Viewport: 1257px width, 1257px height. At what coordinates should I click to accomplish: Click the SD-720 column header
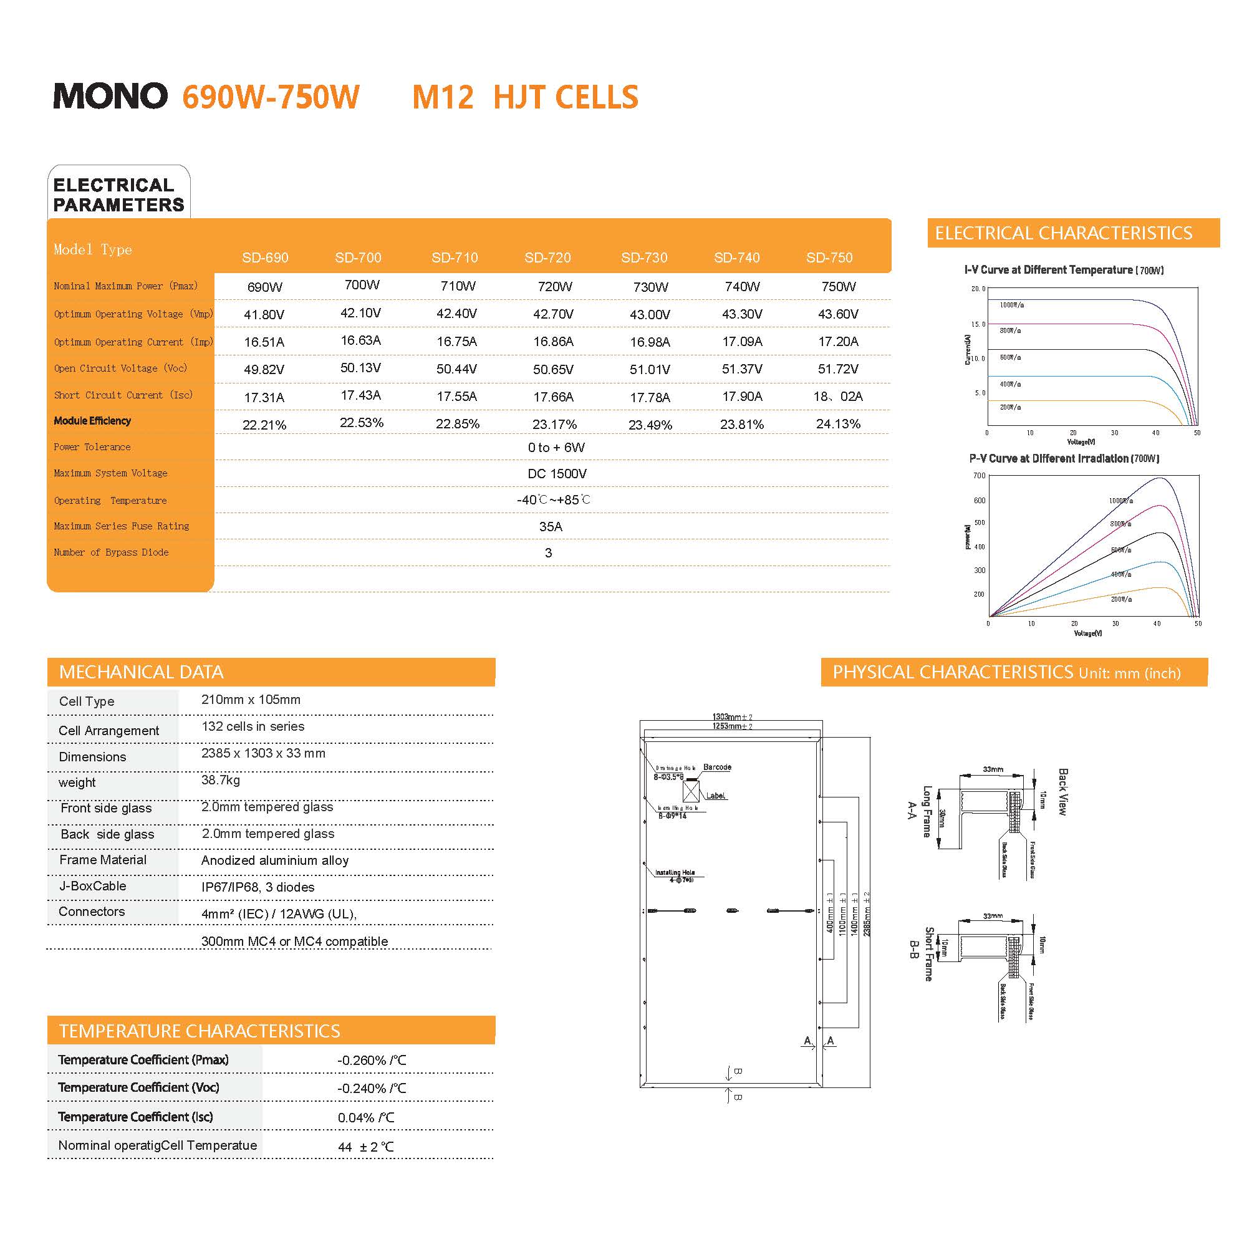[x=547, y=258]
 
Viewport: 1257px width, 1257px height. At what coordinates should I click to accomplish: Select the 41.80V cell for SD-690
[x=264, y=315]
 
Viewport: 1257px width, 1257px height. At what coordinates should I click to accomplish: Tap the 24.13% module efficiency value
[x=838, y=424]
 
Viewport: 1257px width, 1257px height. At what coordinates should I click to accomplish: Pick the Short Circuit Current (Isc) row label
[x=123, y=395]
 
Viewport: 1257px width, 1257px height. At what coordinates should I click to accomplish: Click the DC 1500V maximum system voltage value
[x=557, y=474]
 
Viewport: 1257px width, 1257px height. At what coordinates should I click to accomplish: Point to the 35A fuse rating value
[x=551, y=526]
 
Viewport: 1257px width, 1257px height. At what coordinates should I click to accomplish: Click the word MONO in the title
[x=110, y=96]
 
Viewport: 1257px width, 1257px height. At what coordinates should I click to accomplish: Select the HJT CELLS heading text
[x=566, y=98]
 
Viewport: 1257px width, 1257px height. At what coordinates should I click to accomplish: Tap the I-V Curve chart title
[x=1063, y=270]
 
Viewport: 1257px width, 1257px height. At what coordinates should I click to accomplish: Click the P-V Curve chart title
[x=1064, y=459]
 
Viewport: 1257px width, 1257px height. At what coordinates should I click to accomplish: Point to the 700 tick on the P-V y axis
[x=979, y=476]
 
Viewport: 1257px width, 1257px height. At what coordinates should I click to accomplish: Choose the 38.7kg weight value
[x=221, y=780]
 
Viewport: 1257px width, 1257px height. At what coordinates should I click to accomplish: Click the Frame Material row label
[x=103, y=860]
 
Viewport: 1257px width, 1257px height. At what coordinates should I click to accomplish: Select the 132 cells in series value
[x=253, y=726]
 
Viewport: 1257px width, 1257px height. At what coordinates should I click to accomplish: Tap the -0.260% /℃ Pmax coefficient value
[x=372, y=1061]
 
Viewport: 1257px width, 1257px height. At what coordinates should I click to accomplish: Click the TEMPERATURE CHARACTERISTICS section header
[x=199, y=1031]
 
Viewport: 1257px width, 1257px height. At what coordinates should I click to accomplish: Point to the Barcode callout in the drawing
[x=717, y=767]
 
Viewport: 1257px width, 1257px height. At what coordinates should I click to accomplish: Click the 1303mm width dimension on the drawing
[x=732, y=717]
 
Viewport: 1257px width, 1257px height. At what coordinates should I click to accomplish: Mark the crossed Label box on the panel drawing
[x=691, y=791]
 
